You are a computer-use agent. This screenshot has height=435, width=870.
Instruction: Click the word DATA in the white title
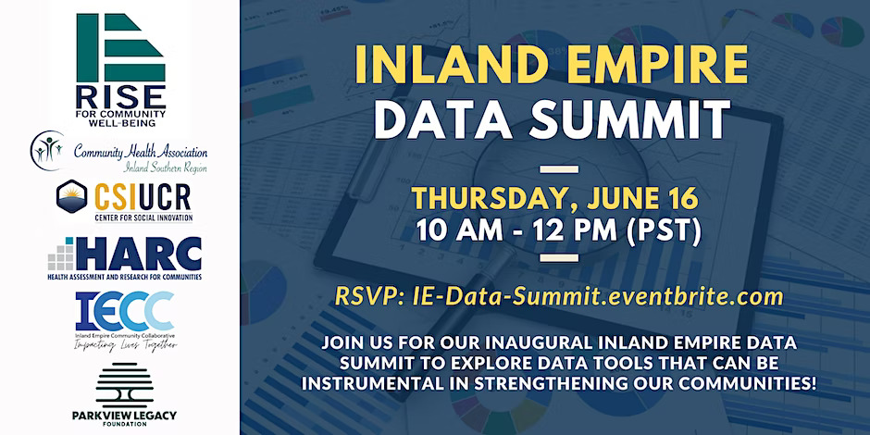[x=444, y=119]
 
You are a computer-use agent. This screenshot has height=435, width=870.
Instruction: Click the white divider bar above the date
[x=559, y=168]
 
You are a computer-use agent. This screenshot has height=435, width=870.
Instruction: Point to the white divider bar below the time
[x=559, y=257]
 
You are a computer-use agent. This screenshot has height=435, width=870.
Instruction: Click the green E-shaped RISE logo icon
[x=121, y=47]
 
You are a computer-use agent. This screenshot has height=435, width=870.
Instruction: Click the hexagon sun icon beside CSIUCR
[x=71, y=196]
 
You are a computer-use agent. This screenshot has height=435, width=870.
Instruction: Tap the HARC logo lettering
[x=137, y=255]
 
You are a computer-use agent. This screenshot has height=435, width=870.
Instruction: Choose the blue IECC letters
[x=124, y=311]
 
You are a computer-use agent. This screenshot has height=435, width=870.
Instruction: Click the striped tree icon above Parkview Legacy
[x=124, y=386]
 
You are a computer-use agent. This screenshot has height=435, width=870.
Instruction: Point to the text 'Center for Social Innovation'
[x=143, y=217]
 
